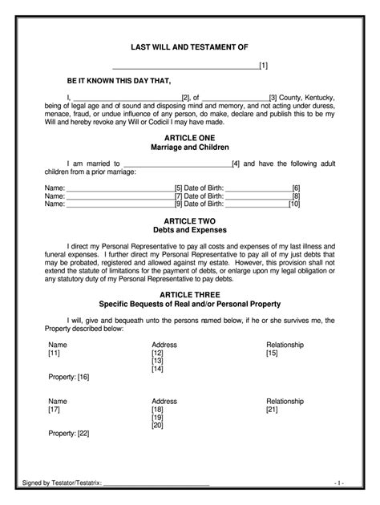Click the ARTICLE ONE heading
(190, 139)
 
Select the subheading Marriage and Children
(190, 147)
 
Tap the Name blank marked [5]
(120, 188)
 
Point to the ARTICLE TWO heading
(190, 220)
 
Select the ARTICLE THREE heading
(190, 294)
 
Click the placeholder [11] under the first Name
(55, 353)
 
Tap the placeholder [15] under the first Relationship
(272, 353)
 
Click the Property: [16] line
(69, 376)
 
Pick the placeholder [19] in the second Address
(157, 417)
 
